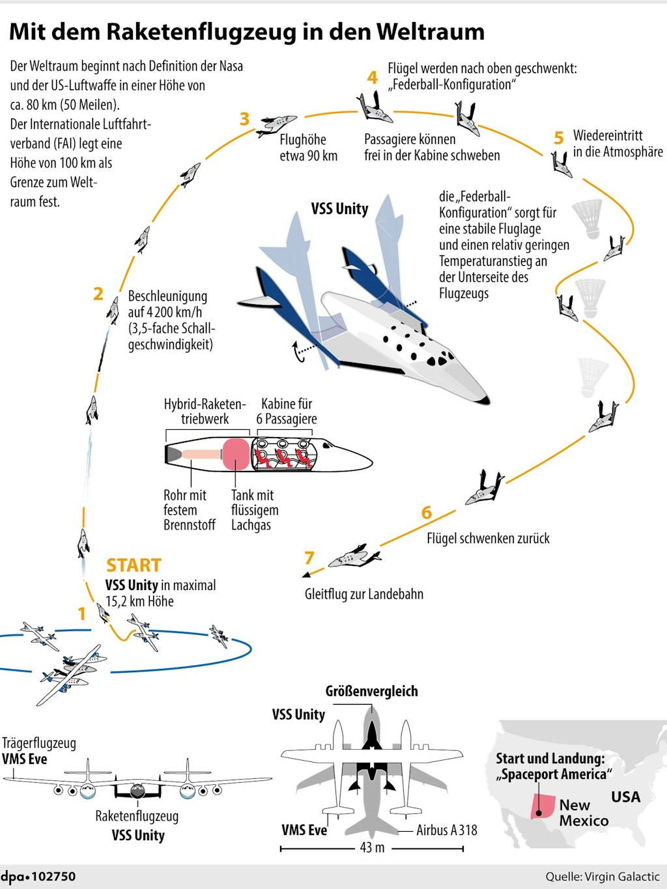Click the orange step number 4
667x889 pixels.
click(372, 77)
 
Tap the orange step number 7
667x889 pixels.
click(309, 557)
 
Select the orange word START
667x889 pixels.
click(134, 565)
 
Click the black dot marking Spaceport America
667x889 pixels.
click(539, 812)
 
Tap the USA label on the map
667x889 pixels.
click(626, 797)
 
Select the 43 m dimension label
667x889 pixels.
click(372, 847)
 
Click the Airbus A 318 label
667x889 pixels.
click(447, 830)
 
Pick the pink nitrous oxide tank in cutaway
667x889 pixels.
click(235, 454)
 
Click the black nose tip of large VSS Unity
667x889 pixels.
click(485, 400)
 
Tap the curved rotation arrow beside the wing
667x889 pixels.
click(298, 351)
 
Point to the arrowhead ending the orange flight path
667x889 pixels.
click(306, 574)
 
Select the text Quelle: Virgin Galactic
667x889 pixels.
click(603, 877)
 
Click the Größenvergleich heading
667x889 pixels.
click(371, 691)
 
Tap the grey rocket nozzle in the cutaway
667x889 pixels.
click(173, 454)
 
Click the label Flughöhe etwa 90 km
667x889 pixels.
click(309, 147)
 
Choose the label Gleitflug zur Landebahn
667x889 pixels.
click(364, 594)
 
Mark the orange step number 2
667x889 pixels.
click(98, 294)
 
